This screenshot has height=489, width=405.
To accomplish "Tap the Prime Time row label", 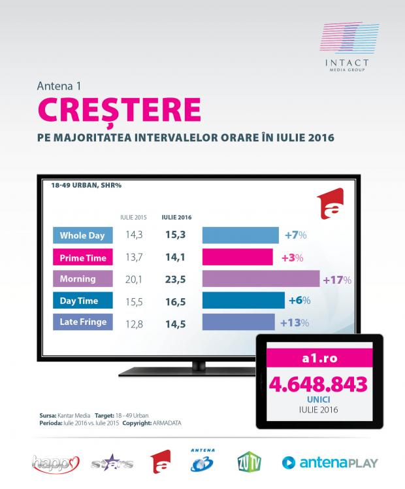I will (x=82, y=257).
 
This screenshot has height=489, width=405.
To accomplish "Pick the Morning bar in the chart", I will (x=261, y=279).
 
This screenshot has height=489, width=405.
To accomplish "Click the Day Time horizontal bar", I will (x=243, y=301).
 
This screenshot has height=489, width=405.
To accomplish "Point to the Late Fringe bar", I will (x=238, y=322).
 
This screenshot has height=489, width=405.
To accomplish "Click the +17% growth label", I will (x=337, y=280).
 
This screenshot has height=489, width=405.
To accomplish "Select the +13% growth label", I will (x=294, y=322).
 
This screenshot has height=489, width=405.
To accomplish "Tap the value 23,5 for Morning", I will (x=172, y=279).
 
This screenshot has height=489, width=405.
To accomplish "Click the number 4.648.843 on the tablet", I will (x=317, y=384).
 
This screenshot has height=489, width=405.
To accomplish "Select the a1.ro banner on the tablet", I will (x=317, y=358).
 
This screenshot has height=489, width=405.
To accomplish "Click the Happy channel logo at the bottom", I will (x=50, y=463).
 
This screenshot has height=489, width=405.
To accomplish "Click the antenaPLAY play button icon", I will (x=289, y=462).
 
